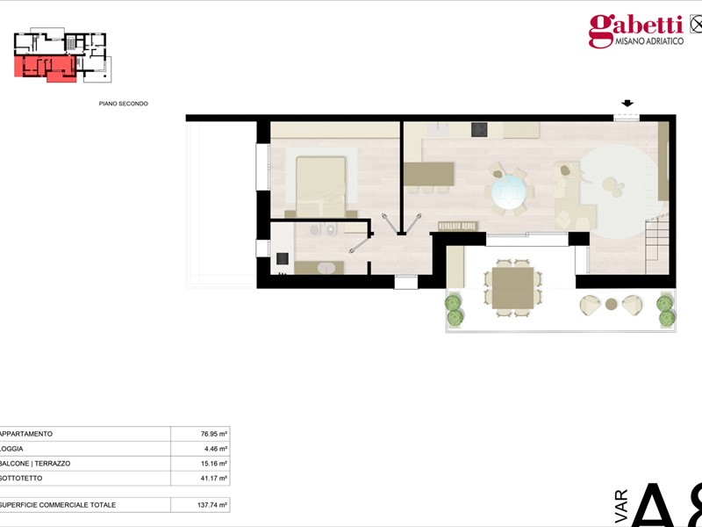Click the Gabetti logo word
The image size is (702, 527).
tap(635, 28)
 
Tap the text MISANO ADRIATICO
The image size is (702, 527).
tap(649, 41)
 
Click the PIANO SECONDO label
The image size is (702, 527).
tap(124, 104)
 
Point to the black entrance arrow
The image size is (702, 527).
tap(627, 104)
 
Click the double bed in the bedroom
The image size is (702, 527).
tap(320, 186)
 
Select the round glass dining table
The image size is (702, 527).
tap(508, 191)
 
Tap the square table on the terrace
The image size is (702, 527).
tap(512, 288)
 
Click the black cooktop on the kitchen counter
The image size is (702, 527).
tap(479, 129)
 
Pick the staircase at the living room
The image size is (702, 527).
tap(657, 246)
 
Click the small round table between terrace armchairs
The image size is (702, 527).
tap(611, 304)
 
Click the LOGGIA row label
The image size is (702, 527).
tap(12, 449)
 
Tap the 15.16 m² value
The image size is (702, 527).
tap(214, 464)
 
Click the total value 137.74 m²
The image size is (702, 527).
tap(212, 505)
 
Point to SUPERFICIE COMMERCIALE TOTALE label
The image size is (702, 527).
tap(58, 505)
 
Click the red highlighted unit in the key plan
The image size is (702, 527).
tap(45, 68)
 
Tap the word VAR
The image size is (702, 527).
tap(621, 506)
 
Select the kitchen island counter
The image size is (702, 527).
tap(429, 174)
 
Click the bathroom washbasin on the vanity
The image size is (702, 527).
tap(326, 269)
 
